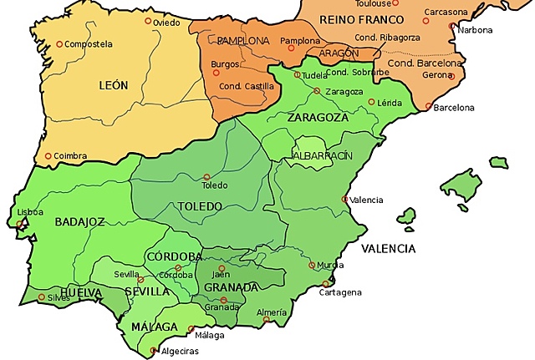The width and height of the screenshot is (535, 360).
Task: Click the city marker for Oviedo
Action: coord(149,21)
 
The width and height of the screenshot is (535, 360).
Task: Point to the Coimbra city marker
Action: coord(48,155)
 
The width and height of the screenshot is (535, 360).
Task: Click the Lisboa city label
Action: coord(30,212)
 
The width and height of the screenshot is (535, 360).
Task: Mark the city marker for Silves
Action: coord(41,297)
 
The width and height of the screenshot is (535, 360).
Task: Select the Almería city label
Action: coord(272,312)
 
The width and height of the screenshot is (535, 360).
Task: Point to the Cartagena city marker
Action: coord(325,284)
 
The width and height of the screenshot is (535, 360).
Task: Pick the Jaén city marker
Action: coord(222,268)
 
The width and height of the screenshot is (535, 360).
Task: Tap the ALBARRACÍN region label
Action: coord(323,156)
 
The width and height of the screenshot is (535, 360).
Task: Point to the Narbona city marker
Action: coord(452,27)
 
